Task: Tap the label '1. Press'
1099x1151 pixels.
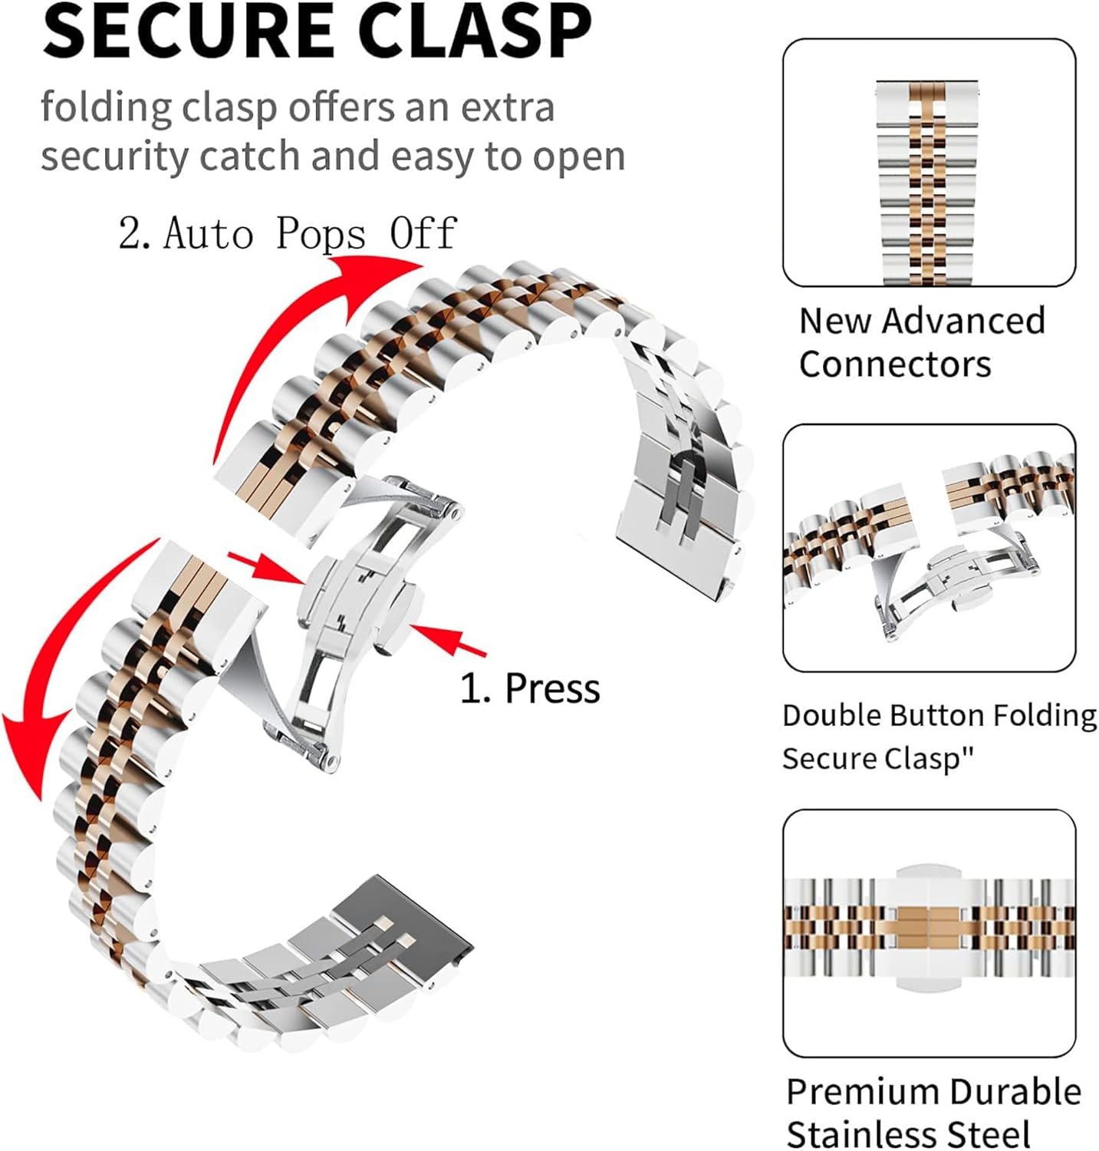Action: coord(529,688)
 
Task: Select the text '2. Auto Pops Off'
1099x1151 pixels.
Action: coord(288,233)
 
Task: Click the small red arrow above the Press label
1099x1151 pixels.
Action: coord(449,638)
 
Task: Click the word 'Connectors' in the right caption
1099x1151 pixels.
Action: coord(894,364)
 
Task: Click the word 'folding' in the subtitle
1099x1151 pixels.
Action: coord(106,107)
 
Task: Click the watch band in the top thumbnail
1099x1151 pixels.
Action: coord(928,184)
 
